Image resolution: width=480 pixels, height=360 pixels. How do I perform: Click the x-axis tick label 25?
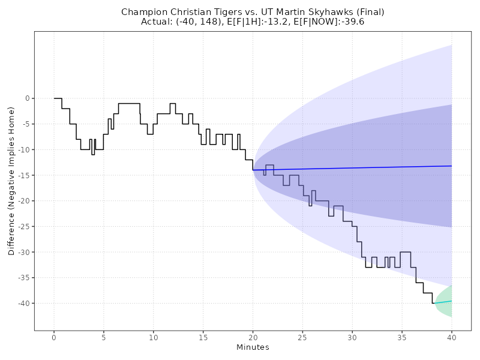point(302,337)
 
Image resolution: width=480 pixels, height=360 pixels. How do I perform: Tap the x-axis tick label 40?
point(451,337)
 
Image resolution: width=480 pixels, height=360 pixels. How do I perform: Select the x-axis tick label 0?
point(54,337)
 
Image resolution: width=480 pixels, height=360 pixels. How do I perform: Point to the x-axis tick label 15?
point(203,337)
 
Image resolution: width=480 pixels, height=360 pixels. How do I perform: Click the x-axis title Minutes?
point(253,347)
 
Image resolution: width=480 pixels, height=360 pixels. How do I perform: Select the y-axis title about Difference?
point(11,182)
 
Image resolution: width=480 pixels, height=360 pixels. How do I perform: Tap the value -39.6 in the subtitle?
point(352,22)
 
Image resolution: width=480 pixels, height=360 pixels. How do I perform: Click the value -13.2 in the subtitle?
point(268,22)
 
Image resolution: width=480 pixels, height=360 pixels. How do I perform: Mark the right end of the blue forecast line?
point(451,166)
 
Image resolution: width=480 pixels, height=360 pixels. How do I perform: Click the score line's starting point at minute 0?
point(54,98)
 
